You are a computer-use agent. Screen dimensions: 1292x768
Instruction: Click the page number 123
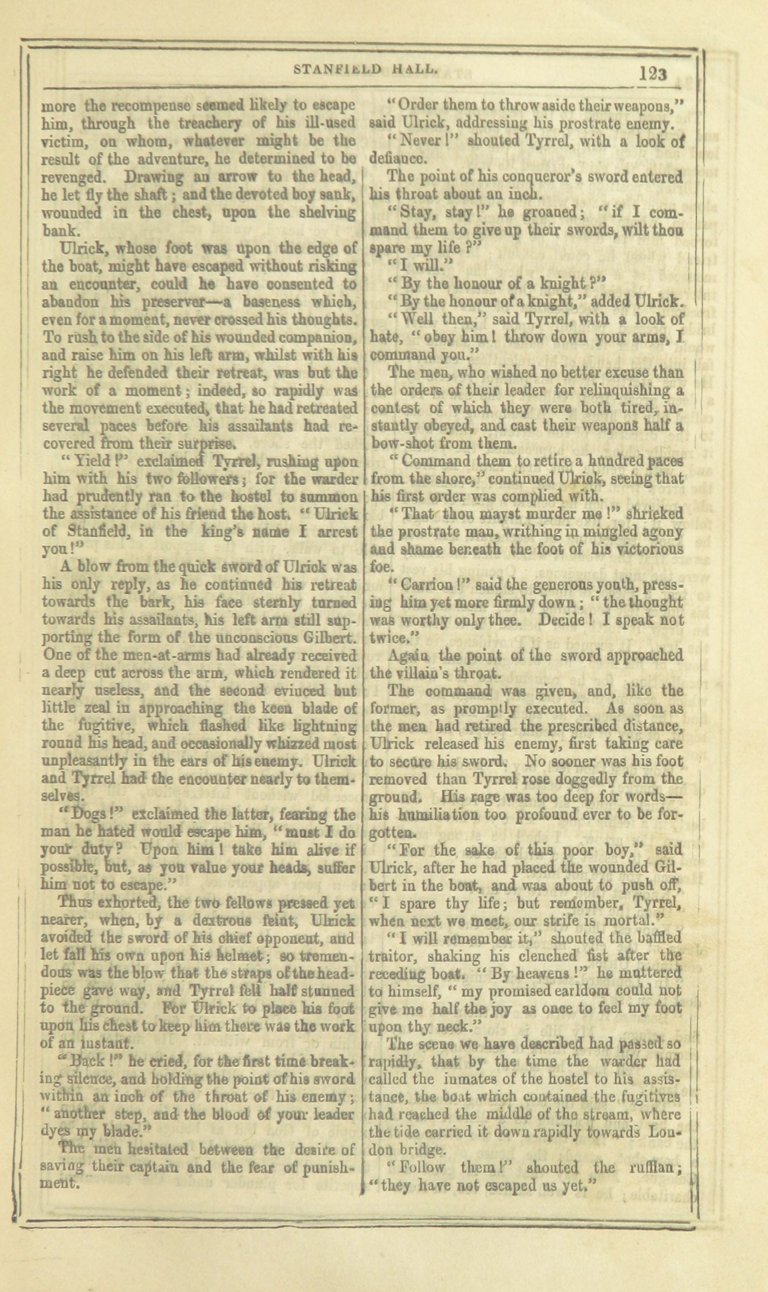tap(653, 73)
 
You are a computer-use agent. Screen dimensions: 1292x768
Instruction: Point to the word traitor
tap(392, 957)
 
